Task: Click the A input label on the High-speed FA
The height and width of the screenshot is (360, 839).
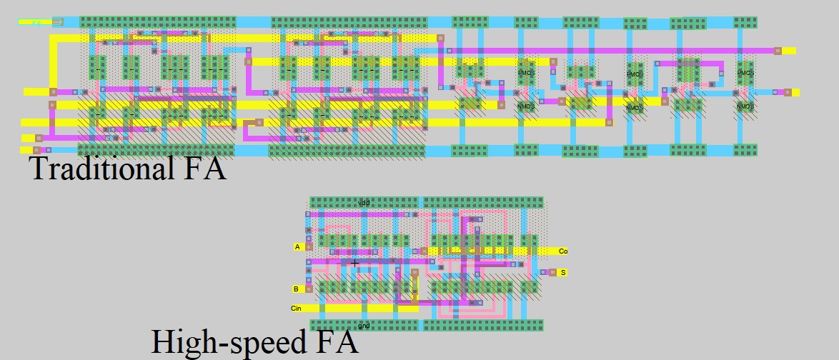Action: [x=298, y=246]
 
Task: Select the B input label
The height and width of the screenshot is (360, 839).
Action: [x=296, y=289]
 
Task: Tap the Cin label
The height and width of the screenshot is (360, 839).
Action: [x=297, y=309]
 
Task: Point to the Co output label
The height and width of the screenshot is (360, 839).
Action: [x=563, y=251]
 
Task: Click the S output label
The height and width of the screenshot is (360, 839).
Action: [x=562, y=272]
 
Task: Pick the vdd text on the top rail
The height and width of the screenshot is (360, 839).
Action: [x=364, y=203]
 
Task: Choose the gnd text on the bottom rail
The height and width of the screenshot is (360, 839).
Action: [x=364, y=326]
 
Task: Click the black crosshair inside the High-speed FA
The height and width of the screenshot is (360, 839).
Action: [x=354, y=263]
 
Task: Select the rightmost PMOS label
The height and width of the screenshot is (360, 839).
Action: [x=745, y=73]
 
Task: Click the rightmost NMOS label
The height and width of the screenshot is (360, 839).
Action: [x=745, y=106]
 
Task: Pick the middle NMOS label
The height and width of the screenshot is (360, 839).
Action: [x=635, y=107]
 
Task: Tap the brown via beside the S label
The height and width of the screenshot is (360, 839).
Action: [x=552, y=272]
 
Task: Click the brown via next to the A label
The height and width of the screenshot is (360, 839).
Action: [x=309, y=246]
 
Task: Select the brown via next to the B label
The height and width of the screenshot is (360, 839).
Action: [x=309, y=289]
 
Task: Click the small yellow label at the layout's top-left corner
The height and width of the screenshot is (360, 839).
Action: [x=36, y=22]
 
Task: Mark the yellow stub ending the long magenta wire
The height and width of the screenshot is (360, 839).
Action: [x=788, y=51]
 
